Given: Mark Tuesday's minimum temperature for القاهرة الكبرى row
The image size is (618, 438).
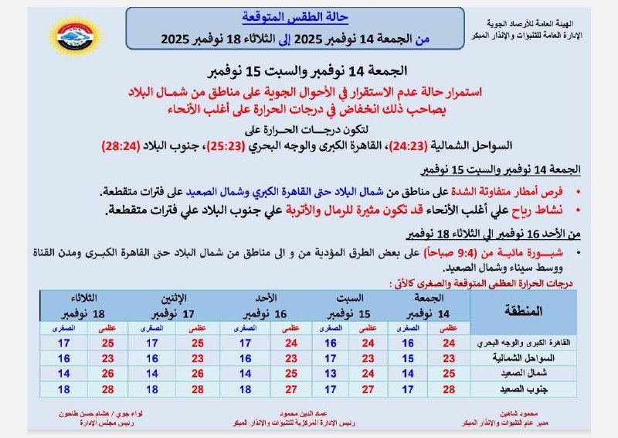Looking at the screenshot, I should click(x=63, y=343).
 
